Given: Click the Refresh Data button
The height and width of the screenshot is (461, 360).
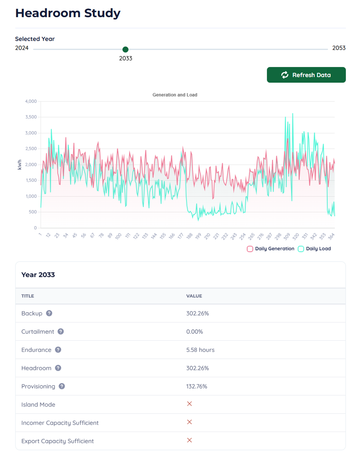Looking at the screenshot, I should [306, 75].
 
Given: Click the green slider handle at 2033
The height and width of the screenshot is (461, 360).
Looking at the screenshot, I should [125, 49].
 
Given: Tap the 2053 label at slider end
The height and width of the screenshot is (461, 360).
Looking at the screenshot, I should [339, 48].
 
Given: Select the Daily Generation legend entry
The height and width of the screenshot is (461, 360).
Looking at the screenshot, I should [271, 249].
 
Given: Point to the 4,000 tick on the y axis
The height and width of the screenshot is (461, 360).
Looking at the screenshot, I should [31, 101].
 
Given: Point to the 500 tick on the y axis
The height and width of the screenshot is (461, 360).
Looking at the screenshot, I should [33, 212].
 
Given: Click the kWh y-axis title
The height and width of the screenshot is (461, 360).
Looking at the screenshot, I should [20, 165].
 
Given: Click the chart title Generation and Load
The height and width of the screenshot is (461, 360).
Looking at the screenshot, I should [175, 95].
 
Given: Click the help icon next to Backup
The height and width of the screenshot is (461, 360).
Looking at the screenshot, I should [49, 313].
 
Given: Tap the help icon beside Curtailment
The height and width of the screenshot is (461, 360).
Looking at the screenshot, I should [61, 332].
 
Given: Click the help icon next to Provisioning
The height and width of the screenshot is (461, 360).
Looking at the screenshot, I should [62, 386].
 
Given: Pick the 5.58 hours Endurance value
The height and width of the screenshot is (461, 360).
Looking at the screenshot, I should [200, 350].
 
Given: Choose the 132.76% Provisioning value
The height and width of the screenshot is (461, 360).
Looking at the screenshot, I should [196, 386].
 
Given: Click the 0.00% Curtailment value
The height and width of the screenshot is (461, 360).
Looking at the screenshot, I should [195, 332].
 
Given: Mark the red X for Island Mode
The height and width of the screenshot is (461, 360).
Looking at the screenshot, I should [189, 404].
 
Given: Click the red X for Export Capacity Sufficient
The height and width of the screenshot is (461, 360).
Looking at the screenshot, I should [189, 440].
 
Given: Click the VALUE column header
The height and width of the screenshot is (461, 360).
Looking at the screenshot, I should [194, 296].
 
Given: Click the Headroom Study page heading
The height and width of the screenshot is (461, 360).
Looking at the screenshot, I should [68, 13].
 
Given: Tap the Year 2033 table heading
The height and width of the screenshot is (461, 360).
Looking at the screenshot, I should [38, 275].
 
